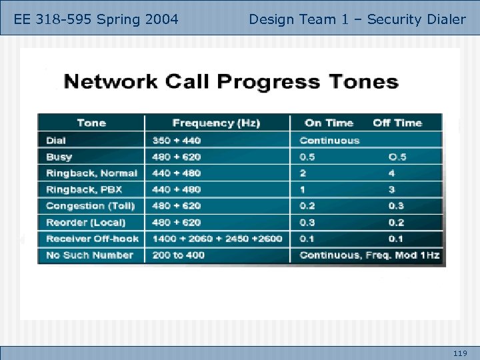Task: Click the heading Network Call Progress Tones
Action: [x=230, y=83]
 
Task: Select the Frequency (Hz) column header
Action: [x=216, y=123]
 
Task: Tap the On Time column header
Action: [x=329, y=123]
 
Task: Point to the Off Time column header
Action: [x=397, y=123]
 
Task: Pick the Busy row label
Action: [x=59, y=157]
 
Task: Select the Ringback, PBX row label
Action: [x=84, y=189]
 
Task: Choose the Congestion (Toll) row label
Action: [x=90, y=206]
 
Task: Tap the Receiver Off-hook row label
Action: [x=92, y=239]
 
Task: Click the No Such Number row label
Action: [x=89, y=255]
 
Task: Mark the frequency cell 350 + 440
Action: [x=176, y=140]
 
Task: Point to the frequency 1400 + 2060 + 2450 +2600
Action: [x=217, y=239]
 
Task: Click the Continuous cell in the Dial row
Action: [x=329, y=140]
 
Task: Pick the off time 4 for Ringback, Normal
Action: [x=391, y=173]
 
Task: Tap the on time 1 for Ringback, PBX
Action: [x=303, y=189]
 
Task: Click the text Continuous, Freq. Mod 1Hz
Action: [x=369, y=255]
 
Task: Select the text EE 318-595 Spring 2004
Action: [x=96, y=19]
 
